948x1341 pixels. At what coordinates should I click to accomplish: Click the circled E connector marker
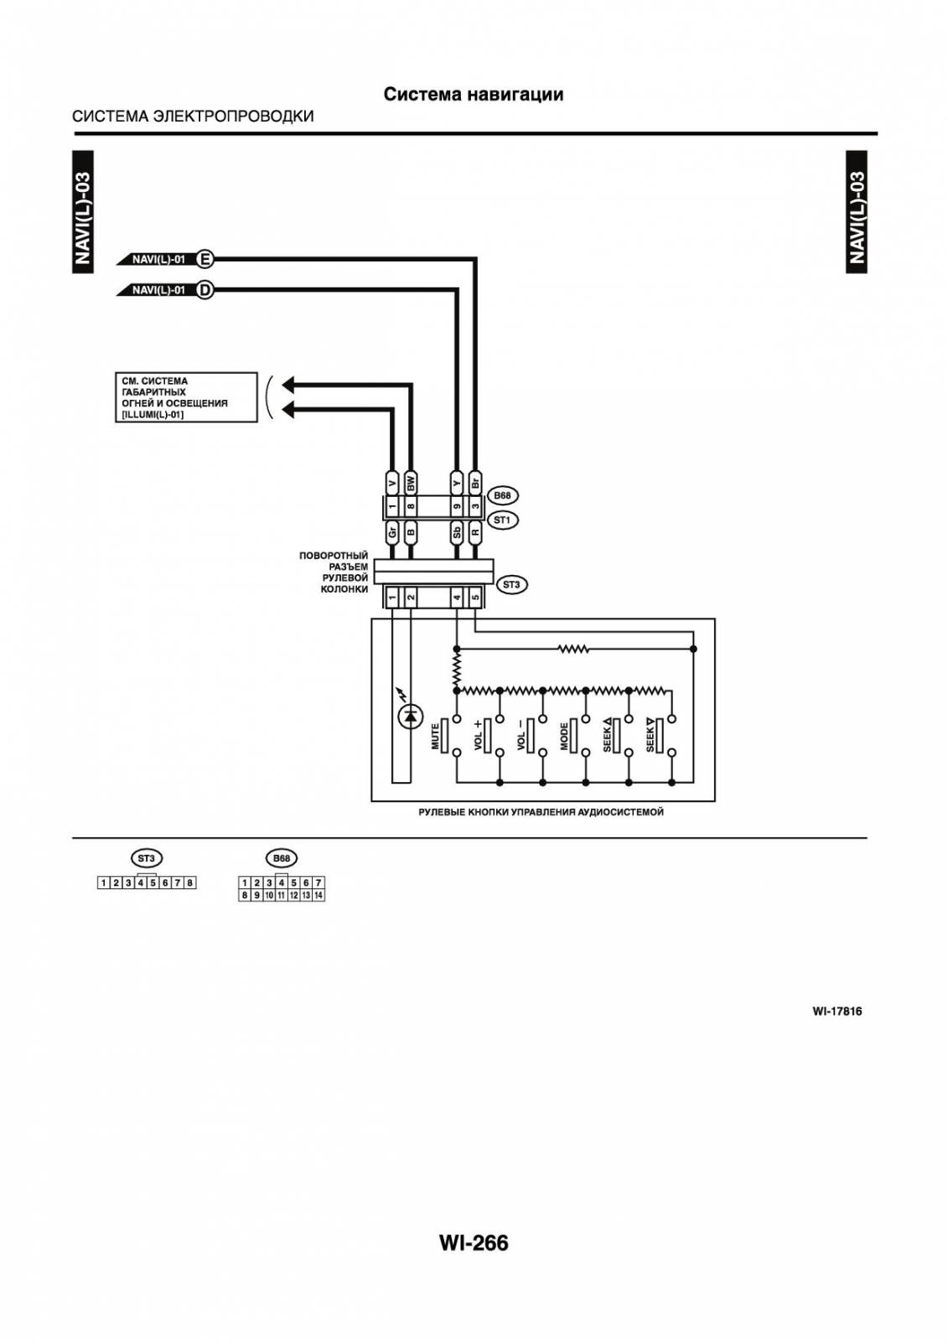tap(205, 260)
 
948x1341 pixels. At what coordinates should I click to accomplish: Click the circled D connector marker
tap(205, 290)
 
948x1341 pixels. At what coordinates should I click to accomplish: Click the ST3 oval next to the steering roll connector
tap(511, 584)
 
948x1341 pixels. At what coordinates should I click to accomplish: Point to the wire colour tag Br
tap(475, 483)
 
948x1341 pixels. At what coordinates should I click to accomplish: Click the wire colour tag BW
tap(411, 483)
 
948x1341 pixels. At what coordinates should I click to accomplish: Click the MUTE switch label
tap(435, 736)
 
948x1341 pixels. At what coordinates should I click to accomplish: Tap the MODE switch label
tap(564, 736)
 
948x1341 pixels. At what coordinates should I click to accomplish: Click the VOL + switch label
tap(478, 734)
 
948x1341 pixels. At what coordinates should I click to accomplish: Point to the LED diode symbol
tap(410, 714)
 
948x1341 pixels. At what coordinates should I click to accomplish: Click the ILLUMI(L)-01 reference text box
tap(186, 397)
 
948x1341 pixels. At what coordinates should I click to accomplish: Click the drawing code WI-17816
tap(837, 1011)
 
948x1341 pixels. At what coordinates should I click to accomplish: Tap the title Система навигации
tap(474, 94)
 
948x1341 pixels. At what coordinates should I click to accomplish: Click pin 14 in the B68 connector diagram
tap(319, 895)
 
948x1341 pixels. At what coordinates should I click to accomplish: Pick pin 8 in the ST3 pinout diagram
tap(189, 883)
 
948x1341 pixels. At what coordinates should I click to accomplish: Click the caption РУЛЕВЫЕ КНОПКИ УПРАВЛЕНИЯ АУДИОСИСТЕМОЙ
tap(541, 812)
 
